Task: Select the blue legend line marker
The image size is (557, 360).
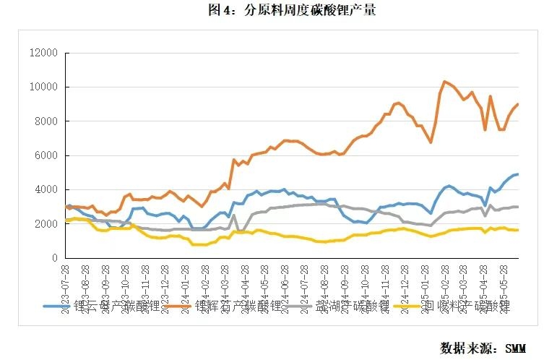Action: pos(55,307)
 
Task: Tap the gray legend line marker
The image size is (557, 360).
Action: pos(302,307)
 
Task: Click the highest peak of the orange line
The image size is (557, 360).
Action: pos(444,81)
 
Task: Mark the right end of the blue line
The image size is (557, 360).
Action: pos(518,174)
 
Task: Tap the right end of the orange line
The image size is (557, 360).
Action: pos(518,104)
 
